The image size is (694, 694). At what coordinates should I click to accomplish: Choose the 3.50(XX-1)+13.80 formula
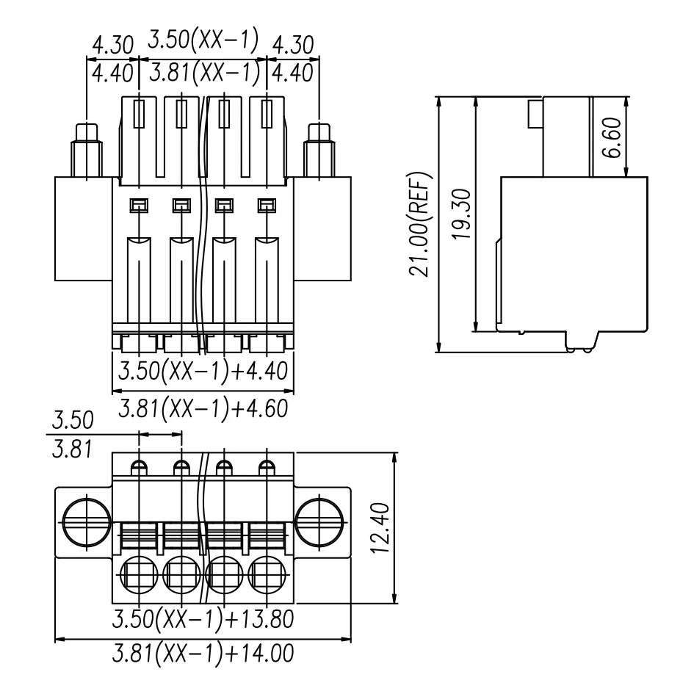tap(203, 618)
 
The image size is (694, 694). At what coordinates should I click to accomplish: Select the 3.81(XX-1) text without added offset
tap(203, 73)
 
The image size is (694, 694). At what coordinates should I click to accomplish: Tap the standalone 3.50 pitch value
tap(72, 421)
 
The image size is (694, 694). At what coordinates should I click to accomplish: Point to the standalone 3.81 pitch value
tap(72, 449)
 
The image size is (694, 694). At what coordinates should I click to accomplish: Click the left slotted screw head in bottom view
tap(86, 522)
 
